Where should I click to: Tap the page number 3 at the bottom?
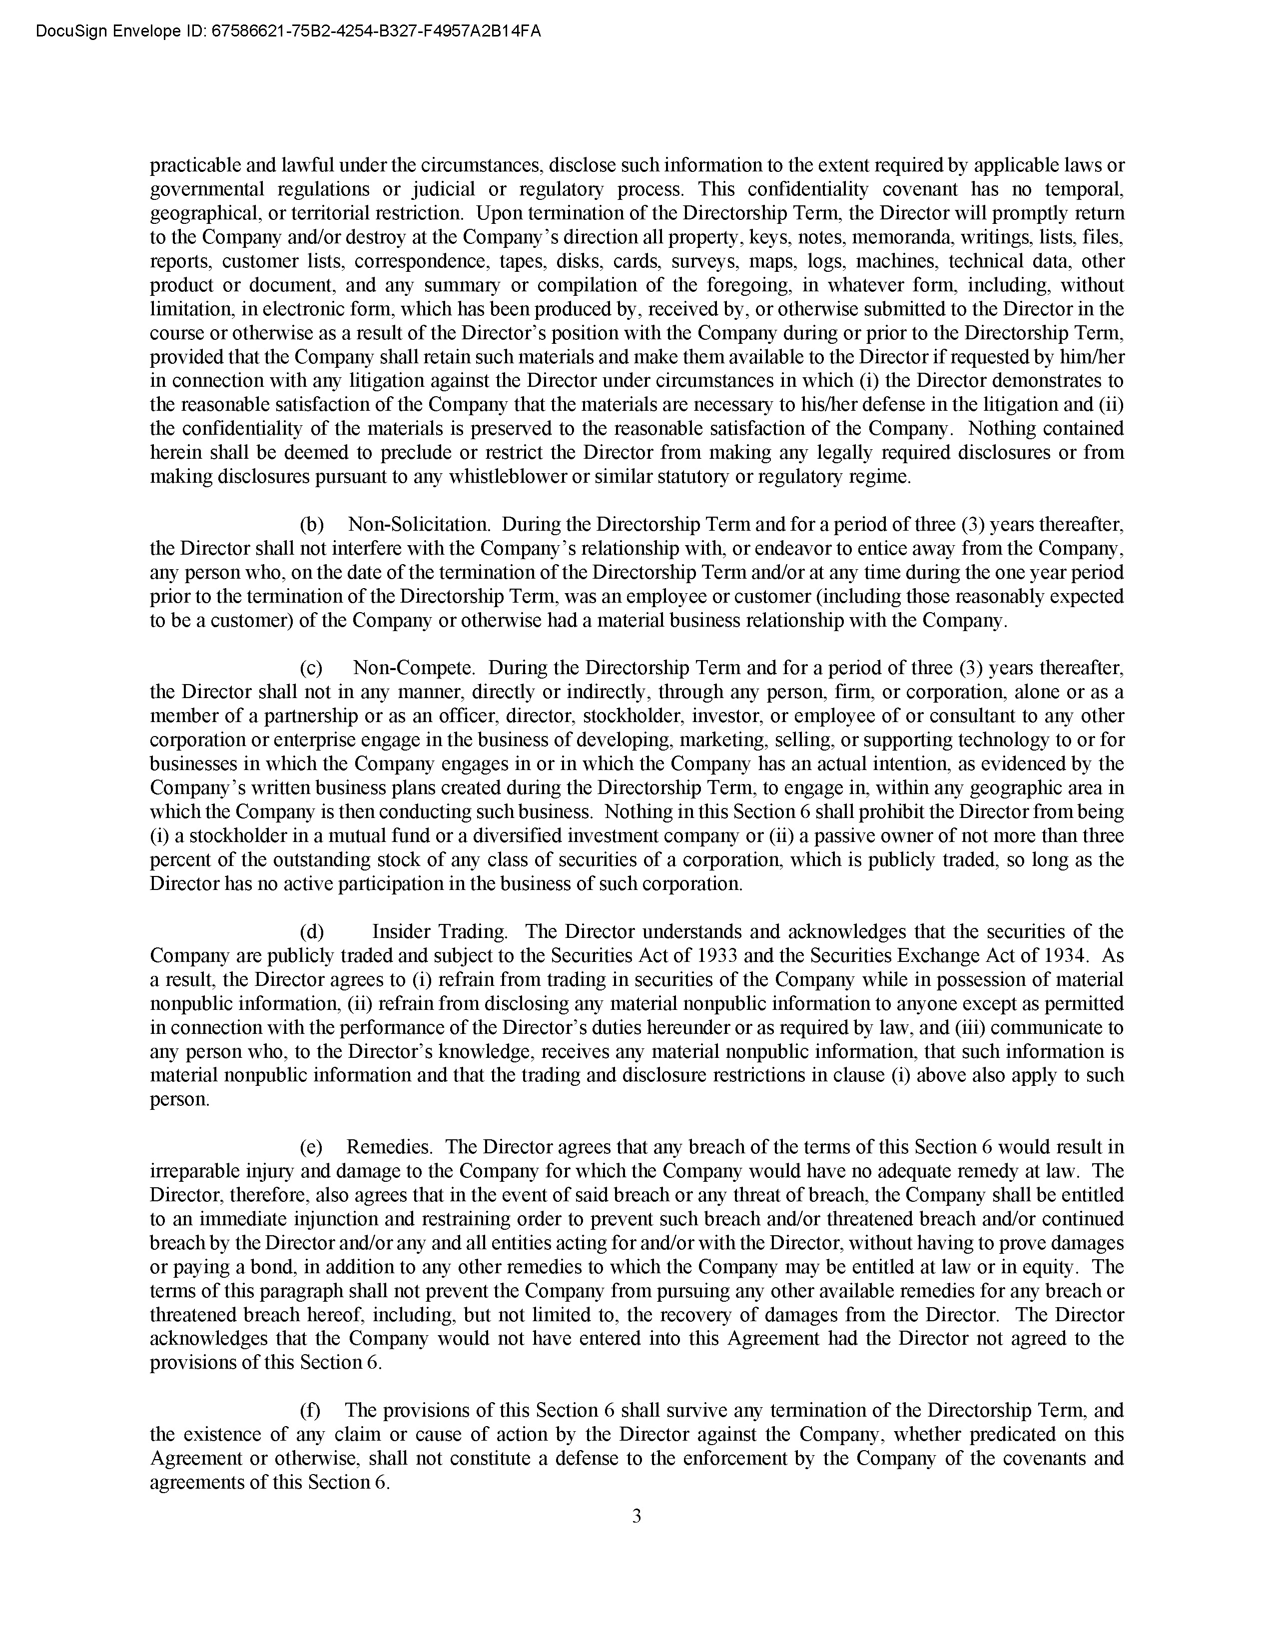coord(636,1516)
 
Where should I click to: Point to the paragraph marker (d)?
coord(312,932)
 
